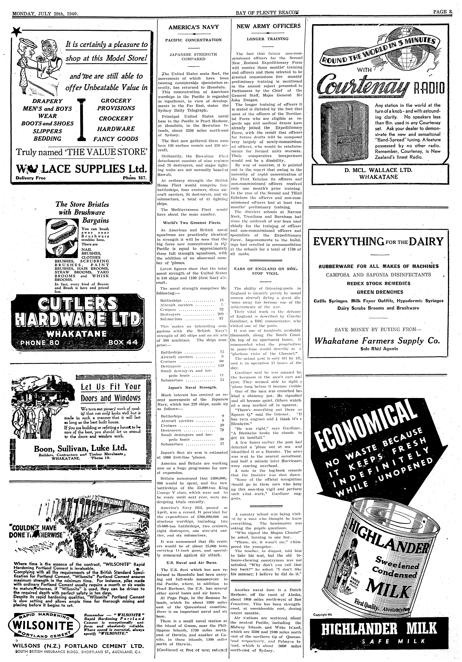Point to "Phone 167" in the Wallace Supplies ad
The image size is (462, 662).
coord(134,178)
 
